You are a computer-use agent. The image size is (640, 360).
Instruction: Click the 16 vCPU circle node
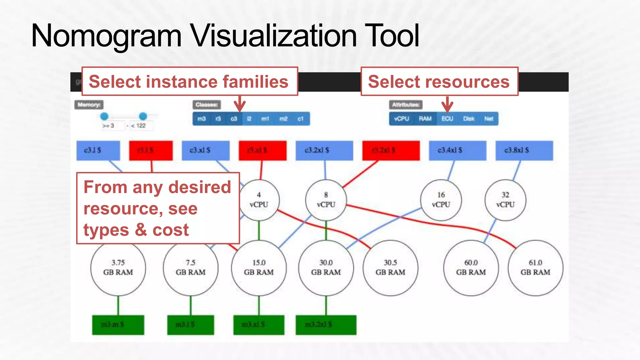pos(441,200)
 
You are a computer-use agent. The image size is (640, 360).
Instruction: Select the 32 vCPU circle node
pos(505,200)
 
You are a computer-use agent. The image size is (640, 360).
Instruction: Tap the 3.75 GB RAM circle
pos(118,268)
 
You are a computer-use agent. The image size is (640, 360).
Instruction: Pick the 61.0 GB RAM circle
pos(535,268)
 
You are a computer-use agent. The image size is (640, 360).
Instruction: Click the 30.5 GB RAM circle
pos(390,268)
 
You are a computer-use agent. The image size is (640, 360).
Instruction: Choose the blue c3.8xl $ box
pos(524,150)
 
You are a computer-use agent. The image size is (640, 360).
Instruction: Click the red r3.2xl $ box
pos(391,150)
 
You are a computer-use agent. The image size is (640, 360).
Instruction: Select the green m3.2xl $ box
pos(326,325)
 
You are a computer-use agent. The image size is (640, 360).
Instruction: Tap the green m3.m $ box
pos(118,325)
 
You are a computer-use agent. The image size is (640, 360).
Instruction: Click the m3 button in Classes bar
pos(202,119)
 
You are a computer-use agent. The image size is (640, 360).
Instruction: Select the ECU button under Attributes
pos(447,119)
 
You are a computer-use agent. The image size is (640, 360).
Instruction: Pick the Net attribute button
pos(488,119)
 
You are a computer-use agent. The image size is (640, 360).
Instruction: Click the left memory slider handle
pos(104,116)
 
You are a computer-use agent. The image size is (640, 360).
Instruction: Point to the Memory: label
pos(89,105)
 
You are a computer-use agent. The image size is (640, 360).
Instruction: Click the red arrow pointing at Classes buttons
pos(240,104)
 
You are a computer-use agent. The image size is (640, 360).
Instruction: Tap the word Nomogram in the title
pos(106,36)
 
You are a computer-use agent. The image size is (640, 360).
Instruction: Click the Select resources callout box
pos(439,82)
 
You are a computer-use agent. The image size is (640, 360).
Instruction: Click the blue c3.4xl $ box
pos(457,150)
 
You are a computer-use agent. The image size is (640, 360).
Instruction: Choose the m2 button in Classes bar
pos(283,119)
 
